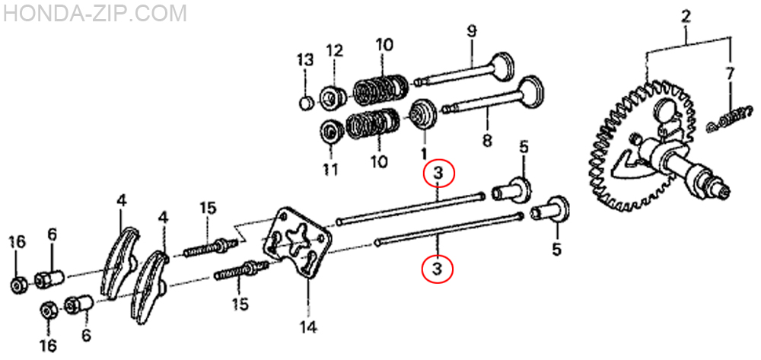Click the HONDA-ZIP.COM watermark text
94,13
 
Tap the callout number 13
306,60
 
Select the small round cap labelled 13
305,103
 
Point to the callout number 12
334,50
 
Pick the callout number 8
487,141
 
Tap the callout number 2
686,18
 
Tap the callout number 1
424,154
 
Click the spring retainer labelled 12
333,97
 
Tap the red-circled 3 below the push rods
438,267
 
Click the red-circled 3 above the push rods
438,174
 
